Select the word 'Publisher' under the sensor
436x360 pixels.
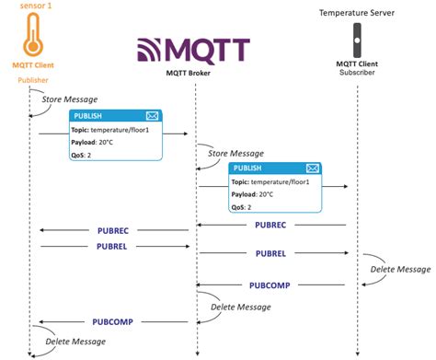32,80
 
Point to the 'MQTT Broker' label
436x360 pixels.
196,73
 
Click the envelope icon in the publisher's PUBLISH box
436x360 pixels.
152,116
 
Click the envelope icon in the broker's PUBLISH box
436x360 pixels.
312,168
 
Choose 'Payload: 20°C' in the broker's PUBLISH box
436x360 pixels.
252,194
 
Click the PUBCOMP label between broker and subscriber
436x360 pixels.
270,285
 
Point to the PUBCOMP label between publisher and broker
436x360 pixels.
112,322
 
